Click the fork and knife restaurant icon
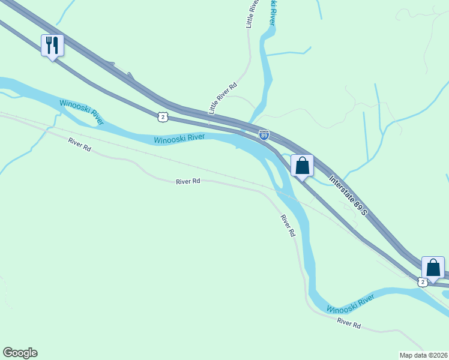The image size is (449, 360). tap(52, 45)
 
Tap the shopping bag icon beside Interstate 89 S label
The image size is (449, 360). tap(303, 164)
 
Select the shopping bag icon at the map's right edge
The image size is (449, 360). tap(433, 268)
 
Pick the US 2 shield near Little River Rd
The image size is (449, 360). tap(163, 116)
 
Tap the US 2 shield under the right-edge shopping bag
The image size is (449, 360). tap(423, 281)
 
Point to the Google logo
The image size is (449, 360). tap(20, 353)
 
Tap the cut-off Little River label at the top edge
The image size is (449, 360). tap(252, 14)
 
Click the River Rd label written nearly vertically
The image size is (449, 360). tap(288, 225)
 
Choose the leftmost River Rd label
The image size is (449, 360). tap(79, 144)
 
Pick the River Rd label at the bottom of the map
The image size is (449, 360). tap(349, 324)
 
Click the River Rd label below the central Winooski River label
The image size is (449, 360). tap(188, 181)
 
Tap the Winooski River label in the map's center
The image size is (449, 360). tap(179, 139)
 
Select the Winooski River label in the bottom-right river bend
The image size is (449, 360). tap(351, 304)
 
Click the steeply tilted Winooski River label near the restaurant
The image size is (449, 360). tap(82, 112)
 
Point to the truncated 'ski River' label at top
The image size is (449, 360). tap(273, 12)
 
